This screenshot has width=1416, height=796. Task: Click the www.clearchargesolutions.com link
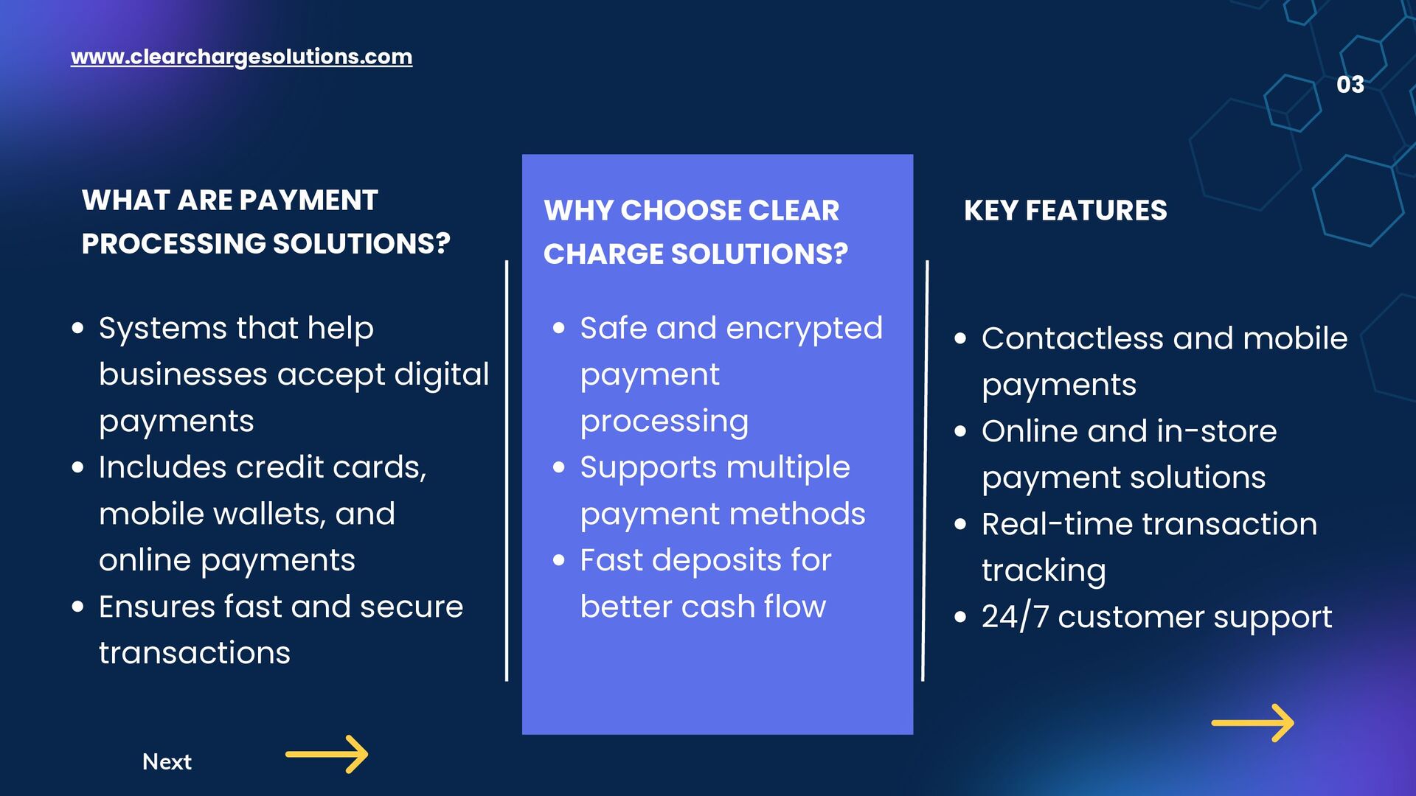tap(241, 57)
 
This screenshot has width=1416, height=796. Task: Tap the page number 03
tap(1350, 85)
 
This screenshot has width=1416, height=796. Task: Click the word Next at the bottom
tap(167, 761)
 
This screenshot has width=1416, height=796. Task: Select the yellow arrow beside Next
tap(327, 754)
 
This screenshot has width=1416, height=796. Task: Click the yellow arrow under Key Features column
tap(1252, 723)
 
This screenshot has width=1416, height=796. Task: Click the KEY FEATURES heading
tap(1065, 211)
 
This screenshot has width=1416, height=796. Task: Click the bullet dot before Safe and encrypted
tap(559, 328)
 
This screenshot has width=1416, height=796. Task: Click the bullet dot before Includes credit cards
tap(78, 467)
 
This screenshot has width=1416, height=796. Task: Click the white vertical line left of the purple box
tap(507, 472)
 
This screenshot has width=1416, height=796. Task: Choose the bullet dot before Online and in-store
tap(960, 432)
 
